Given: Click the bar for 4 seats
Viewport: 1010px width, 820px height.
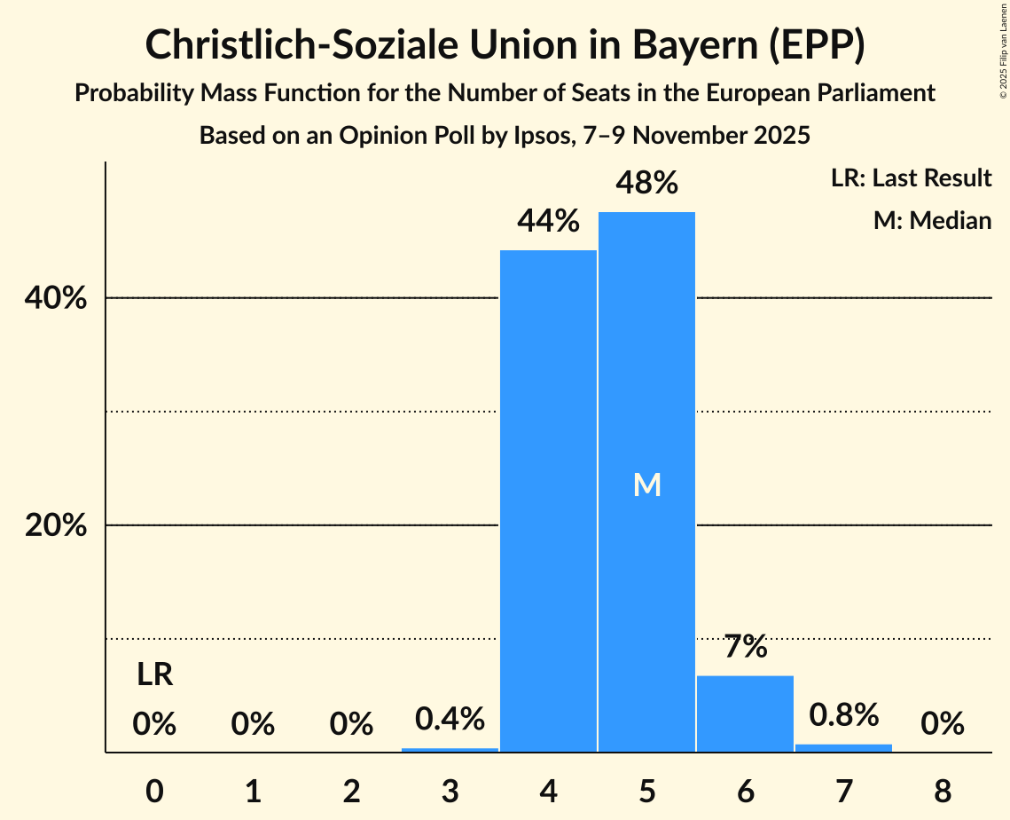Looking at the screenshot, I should (548, 501).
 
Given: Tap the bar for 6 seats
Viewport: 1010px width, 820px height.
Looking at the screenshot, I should (745, 714).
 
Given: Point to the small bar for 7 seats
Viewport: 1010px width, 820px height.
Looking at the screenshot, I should (843, 748).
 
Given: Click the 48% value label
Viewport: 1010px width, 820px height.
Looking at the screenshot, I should (647, 183).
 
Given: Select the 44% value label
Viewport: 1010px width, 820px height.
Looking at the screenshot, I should (549, 221).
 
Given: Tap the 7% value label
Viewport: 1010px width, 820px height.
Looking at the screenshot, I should (745, 647).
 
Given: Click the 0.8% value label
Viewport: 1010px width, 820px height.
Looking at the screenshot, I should (843, 714).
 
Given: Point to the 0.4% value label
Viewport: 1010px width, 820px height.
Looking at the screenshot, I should (450, 719).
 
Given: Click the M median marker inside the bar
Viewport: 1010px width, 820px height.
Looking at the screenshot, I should (647, 485).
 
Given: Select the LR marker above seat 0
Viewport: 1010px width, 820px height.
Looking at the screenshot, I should (154, 675).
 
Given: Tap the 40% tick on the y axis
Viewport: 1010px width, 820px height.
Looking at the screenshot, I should (55, 298).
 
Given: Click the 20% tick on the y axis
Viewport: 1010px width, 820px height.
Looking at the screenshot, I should (55, 525).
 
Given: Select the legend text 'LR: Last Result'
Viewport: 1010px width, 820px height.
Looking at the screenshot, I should (911, 178).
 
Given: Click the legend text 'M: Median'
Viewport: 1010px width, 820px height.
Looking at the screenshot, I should (932, 220).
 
